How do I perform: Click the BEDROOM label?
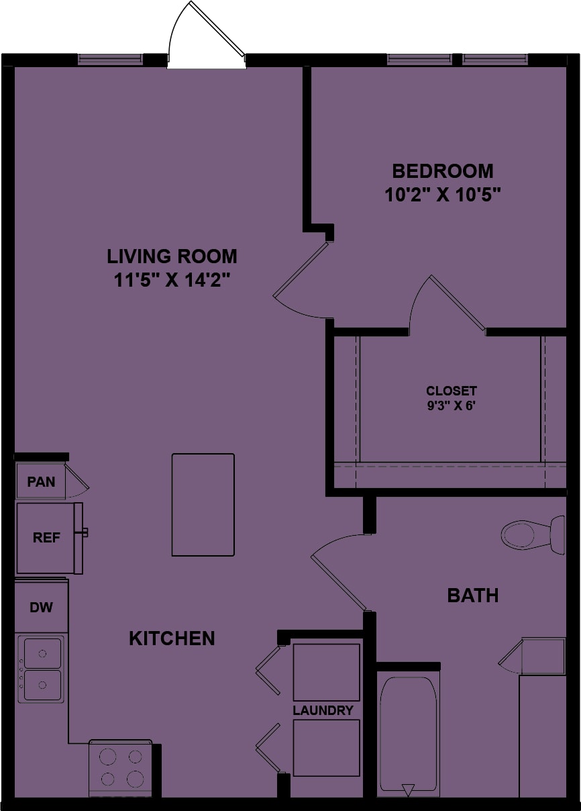pyautogui.click(x=442, y=171)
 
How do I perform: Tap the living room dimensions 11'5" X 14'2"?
pyautogui.click(x=172, y=280)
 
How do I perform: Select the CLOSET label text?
pyautogui.click(x=452, y=391)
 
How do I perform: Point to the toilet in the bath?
pyautogui.click(x=533, y=535)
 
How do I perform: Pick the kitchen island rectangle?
pyautogui.click(x=203, y=505)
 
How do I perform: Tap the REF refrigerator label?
pyautogui.click(x=46, y=538)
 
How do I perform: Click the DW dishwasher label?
pyautogui.click(x=41, y=607)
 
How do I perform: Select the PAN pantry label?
pyautogui.click(x=41, y=482)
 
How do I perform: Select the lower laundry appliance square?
pyautogui.click(x=326, y=748)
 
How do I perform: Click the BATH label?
pyautogui.click(x=473, y=595)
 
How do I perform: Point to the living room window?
pyautogui.click(x=109, y=59)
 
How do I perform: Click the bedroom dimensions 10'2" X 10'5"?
pyautogui.click(x=442, y=195)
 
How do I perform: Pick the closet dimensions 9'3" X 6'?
pyautogui.click(x=451, y=405)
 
